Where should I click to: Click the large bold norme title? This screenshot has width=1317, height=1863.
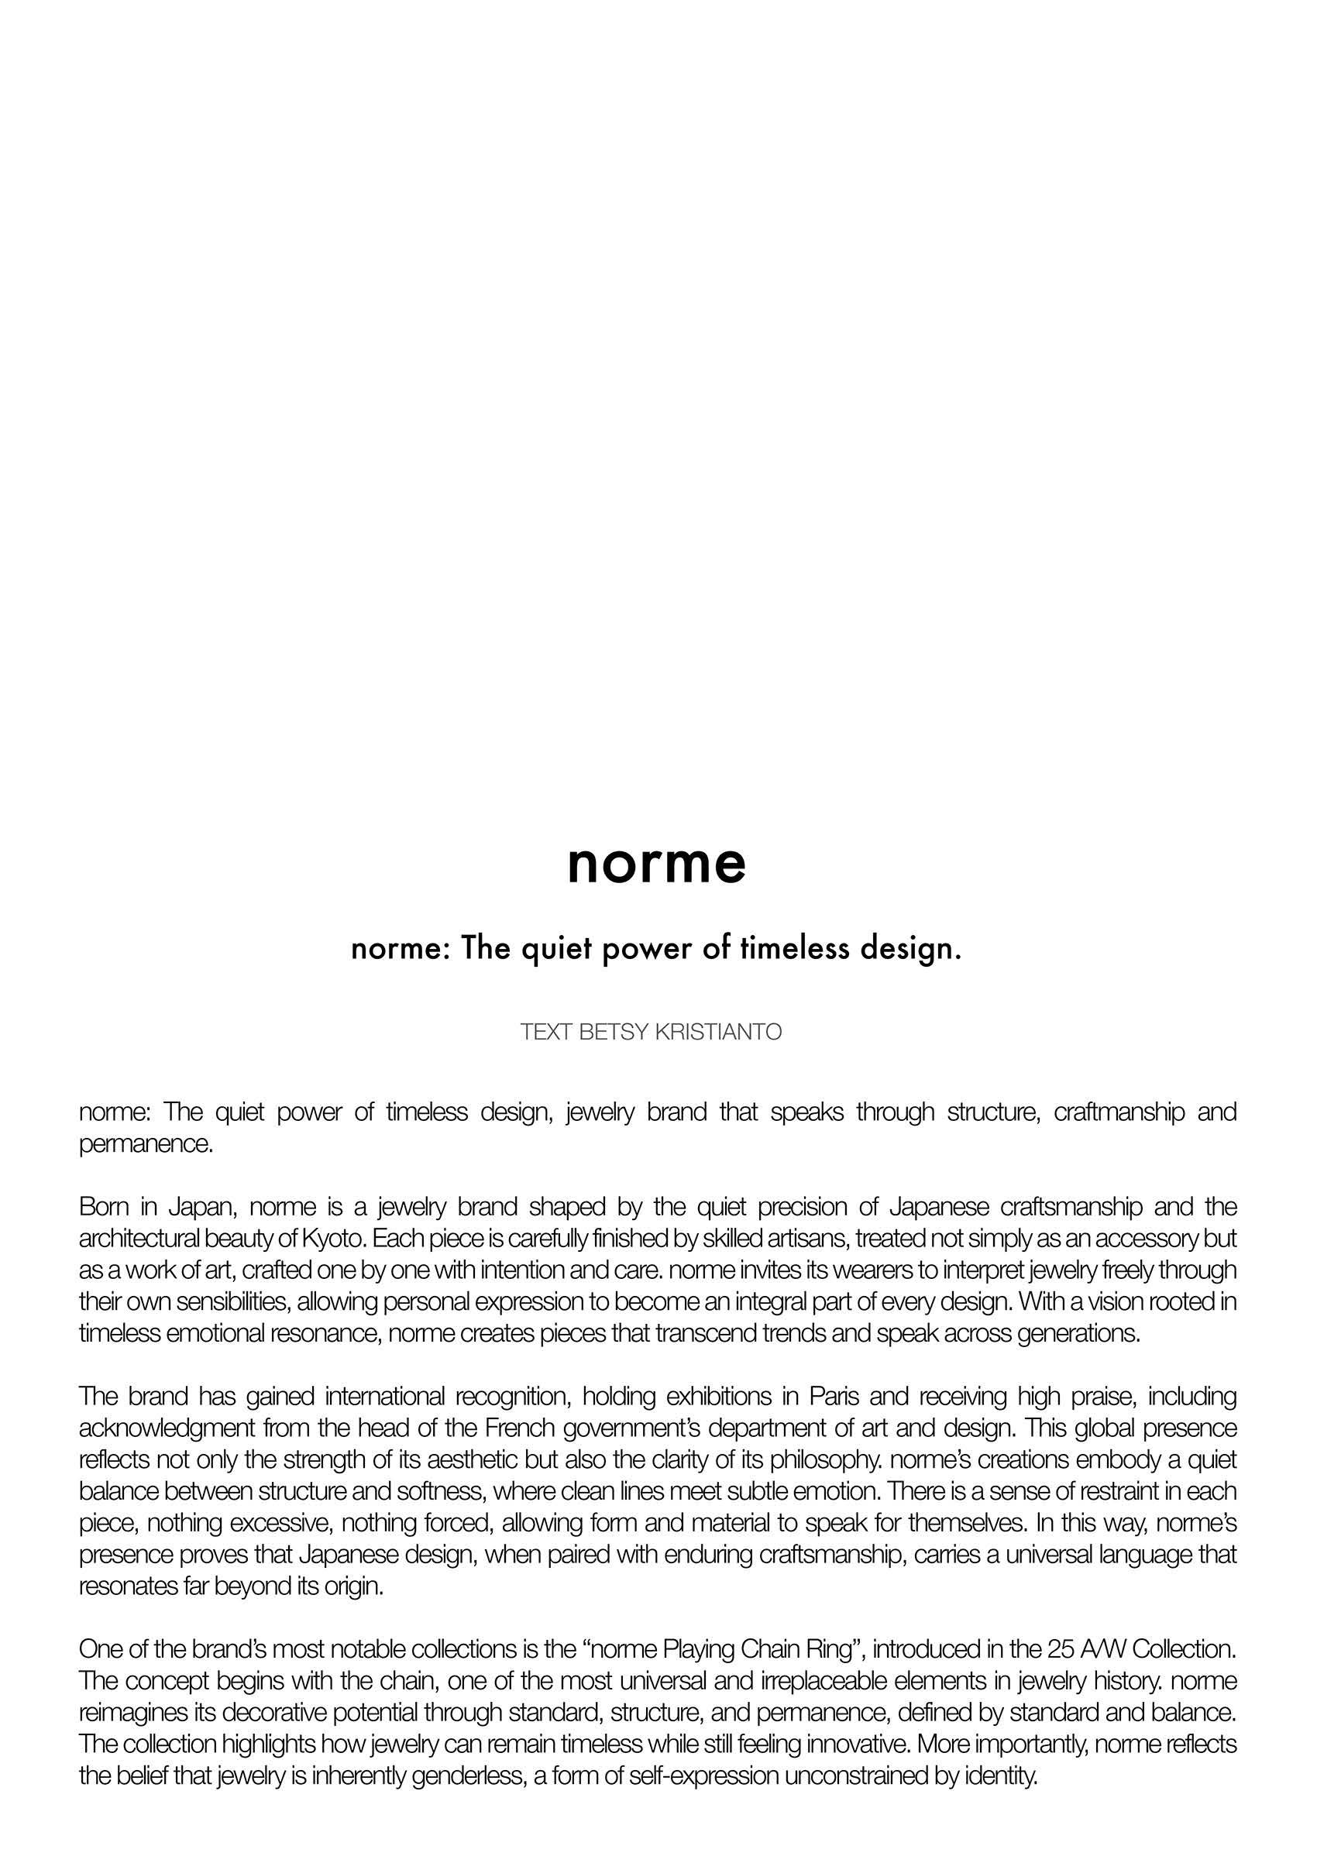656,864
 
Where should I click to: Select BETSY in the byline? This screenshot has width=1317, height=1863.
612,1032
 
